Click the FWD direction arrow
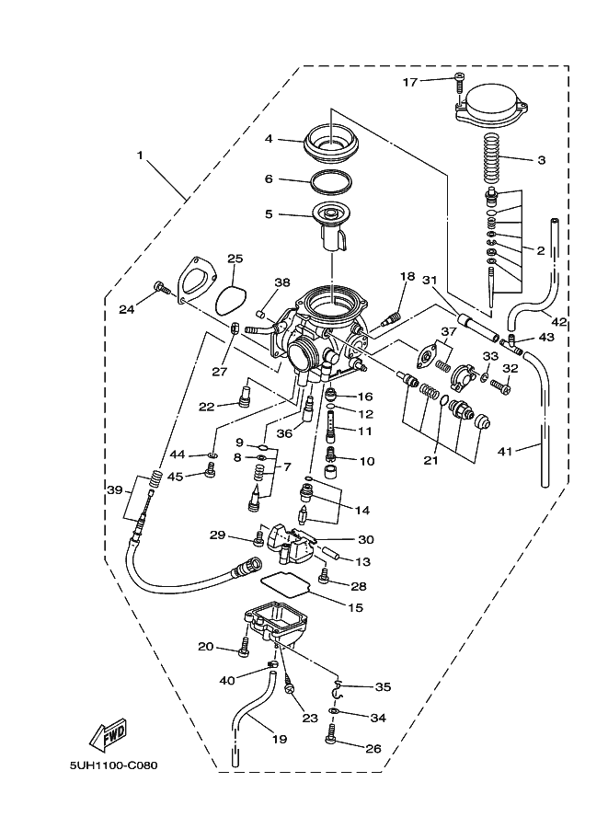[x=107, y=733]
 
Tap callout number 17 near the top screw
[x=410, y=82]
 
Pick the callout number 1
[x=141, y=155]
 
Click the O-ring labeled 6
[x=331, y=179]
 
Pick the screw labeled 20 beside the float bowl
[x=244, y=648]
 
